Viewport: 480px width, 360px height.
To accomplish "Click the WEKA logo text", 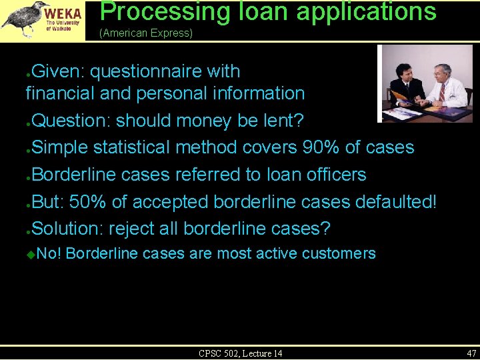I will coord(63,13).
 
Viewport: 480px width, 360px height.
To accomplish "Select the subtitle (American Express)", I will coord(145,33).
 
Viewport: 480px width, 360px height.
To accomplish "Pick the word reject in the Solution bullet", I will coord(131,229).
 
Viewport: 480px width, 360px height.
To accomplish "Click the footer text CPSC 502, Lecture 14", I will coord(240,353).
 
